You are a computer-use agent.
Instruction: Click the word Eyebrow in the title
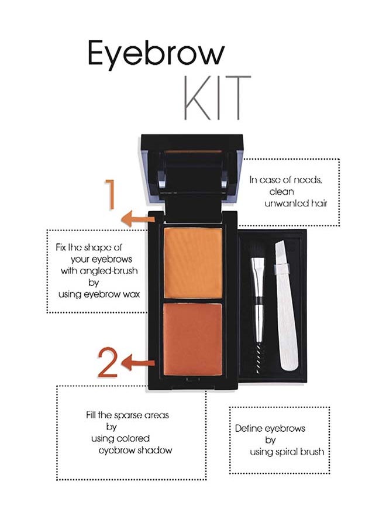pos(156,54)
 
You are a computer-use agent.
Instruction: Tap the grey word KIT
pos(218,98)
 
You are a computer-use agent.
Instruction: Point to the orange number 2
pos(108,362)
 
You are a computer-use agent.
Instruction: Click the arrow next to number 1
pos(138,219)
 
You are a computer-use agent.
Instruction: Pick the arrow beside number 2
pos(138,363)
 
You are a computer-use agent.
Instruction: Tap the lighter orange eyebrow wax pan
pos(193,263)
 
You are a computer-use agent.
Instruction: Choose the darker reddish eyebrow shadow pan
pos(193,339)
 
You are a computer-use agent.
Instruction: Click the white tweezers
pos(286,305)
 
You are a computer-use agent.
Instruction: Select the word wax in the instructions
pos(132,294)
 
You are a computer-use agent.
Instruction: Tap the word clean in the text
pos(282,191)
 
